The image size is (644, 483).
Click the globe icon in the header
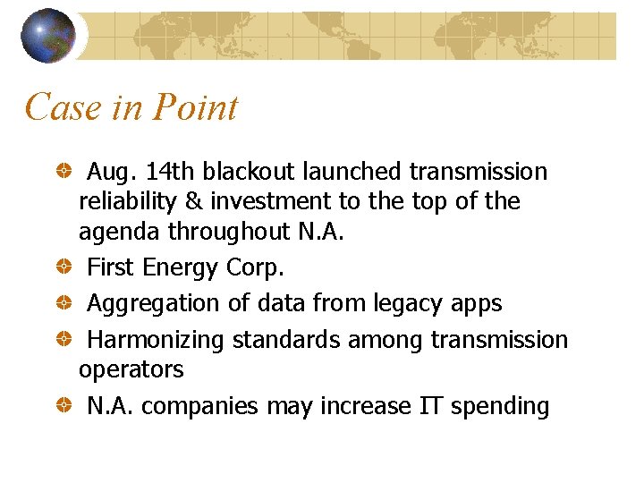click(47, 35)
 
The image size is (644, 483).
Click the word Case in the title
click(59, 107)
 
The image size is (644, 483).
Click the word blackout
click(251, 171)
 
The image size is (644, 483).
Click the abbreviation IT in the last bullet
click(429, 405)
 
